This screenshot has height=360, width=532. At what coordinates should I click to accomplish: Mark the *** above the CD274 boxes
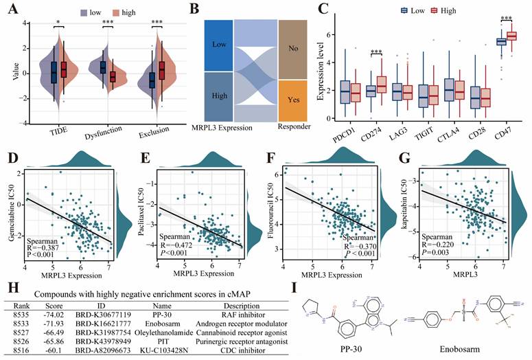click(375, 52)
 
